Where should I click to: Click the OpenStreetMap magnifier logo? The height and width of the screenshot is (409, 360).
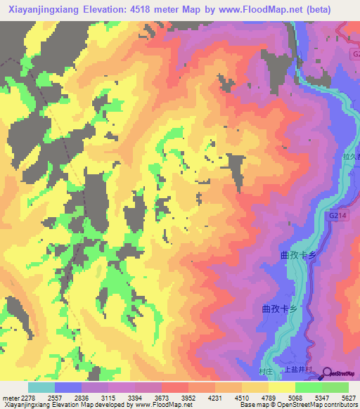pyautogui.click(x=328, y=373)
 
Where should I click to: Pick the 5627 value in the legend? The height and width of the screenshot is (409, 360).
pyautogui.click(x=348, y=396)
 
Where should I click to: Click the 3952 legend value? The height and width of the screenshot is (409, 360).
pyautogui.click(x=188, y=396)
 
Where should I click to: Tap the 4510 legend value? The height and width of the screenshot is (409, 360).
pyautogui.click(x=241, y=396)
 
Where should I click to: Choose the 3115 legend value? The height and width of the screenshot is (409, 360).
pyautogui.click(x=108, y=396)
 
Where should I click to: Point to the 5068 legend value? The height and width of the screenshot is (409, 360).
pyautogui.click(x=295, y=396)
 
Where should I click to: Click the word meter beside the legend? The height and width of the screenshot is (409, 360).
pyautogui.click(x=8, y=396)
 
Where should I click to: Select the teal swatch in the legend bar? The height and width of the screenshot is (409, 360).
pyautogui.click(x=41, y=387)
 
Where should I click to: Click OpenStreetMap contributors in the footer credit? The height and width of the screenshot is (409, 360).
pyautogui.click(x=318, y=405)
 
